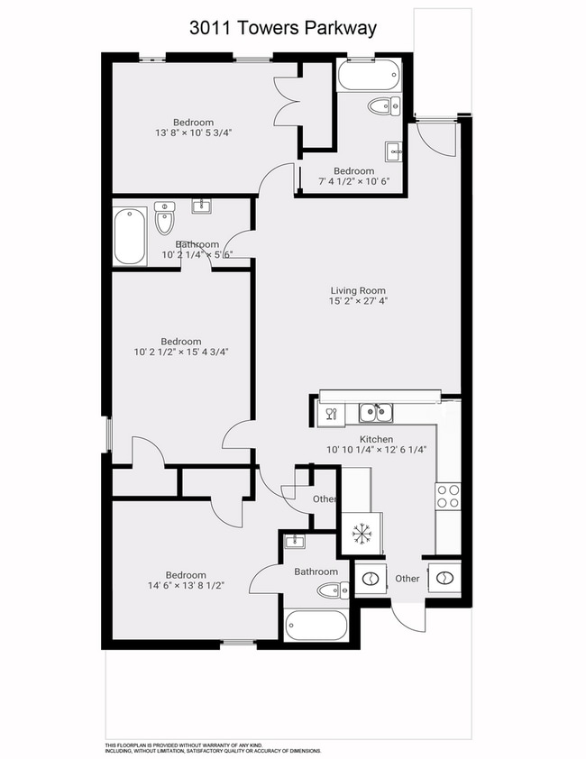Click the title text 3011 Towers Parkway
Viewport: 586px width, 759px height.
tap(282, 28)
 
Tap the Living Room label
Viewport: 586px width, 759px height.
tap(358, 290)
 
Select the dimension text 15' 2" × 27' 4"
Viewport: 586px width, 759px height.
tap(358, 303)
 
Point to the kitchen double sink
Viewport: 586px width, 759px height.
tap(375, 413)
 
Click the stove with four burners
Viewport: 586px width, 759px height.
tap(448, 496)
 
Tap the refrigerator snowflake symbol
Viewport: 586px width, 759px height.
tap(362, 534)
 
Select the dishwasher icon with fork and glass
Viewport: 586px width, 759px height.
tap(329, 414)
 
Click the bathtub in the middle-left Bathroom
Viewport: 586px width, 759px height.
tap(130, 236)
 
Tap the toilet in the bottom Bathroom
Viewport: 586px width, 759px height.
tap(331, 591)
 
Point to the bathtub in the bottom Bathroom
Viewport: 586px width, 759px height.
tap(316, 625)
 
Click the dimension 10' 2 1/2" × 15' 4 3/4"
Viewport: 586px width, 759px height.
tap(180, 352)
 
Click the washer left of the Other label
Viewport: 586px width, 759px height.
tap(370, 578)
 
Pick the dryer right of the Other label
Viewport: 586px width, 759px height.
tap(444, 578)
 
